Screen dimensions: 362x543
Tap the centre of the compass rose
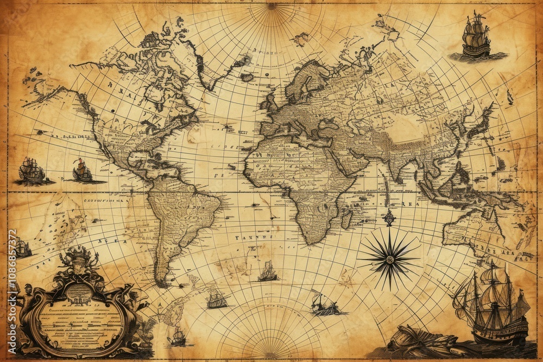[389, 258]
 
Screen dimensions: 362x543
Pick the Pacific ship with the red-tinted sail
[82, 170]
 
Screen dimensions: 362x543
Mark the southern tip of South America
[162, 282]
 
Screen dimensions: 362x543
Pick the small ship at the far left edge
[22, 248]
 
